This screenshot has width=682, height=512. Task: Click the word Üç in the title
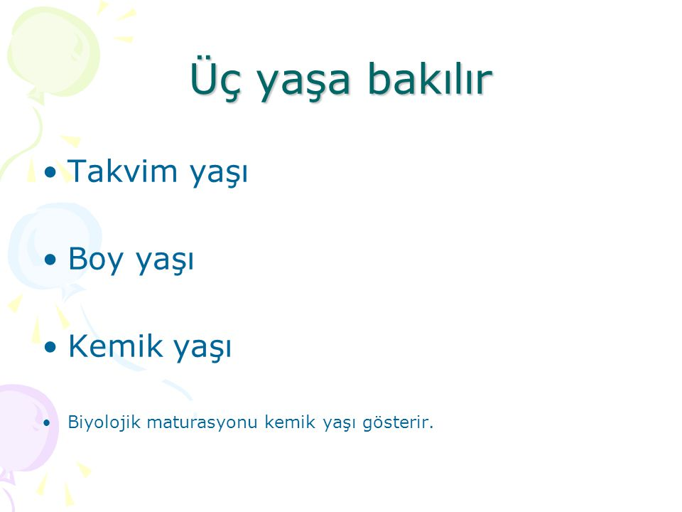(x=215, y=79)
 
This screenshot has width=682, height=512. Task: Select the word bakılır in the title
(x=431, y=78)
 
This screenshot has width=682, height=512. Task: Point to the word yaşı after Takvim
(x=219, y=174)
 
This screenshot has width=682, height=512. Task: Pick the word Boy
(x=96, y=260)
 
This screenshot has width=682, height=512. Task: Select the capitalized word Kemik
(x=115, y=346)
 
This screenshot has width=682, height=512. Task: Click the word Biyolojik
(x=104, y=422)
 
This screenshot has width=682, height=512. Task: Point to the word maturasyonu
(x=202, y=422)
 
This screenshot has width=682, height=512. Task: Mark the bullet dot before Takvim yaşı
(x=50, y=172)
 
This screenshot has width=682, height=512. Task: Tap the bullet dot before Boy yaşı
(x=50, y=260)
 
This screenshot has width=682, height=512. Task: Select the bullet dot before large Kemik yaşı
(x=50, y=347)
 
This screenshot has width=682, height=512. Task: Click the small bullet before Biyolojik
(x=47, y=422)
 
